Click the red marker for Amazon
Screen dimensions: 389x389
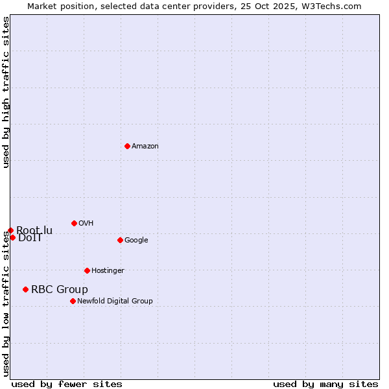click(127, 146)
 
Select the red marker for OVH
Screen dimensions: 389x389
click(74, 223)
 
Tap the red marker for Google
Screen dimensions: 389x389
click(120, 240)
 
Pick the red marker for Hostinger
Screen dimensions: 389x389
click(87, 270)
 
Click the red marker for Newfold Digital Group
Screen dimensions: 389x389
click(73, 301)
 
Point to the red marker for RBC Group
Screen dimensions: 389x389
click(25, 289)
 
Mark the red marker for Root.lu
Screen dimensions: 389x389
click(10, 230)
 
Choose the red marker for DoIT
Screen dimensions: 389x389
click(12, 237)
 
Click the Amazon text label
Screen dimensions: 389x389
click(145, 147)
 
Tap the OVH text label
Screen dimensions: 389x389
click(86, 224)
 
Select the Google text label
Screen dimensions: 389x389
click(136, 241)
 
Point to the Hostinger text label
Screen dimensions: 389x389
click(108, 271)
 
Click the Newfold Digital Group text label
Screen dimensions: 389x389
click(115, 301)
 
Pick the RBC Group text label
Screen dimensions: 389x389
click(60, 290)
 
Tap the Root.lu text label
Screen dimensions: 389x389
click(35, 230)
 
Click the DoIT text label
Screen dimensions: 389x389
click(30, 238)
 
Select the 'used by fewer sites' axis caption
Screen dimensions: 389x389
click(67, 384)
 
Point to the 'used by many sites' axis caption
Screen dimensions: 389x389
click(325, 384)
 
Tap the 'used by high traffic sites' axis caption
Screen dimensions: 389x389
click(6, 93)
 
